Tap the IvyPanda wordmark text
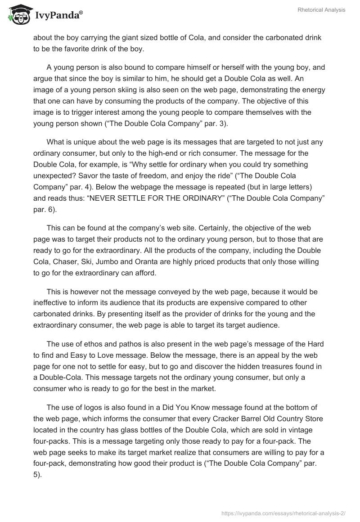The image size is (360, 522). click(57, 16)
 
